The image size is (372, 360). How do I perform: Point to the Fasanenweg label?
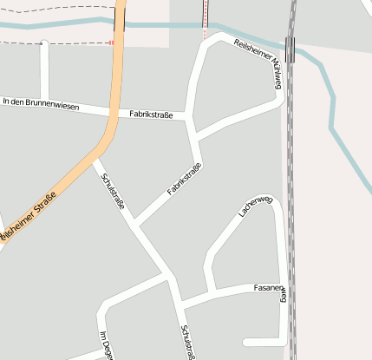tap(269, 287)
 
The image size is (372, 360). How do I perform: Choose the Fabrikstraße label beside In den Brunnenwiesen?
tap(151, 115)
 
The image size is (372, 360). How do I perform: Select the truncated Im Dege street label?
tap(105, 345)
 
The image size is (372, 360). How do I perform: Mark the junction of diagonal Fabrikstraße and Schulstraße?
tap(137, 226)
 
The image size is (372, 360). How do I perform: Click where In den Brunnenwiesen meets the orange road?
tap(111, 112)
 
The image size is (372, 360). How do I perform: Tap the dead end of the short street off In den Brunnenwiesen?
tap(44, 43)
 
